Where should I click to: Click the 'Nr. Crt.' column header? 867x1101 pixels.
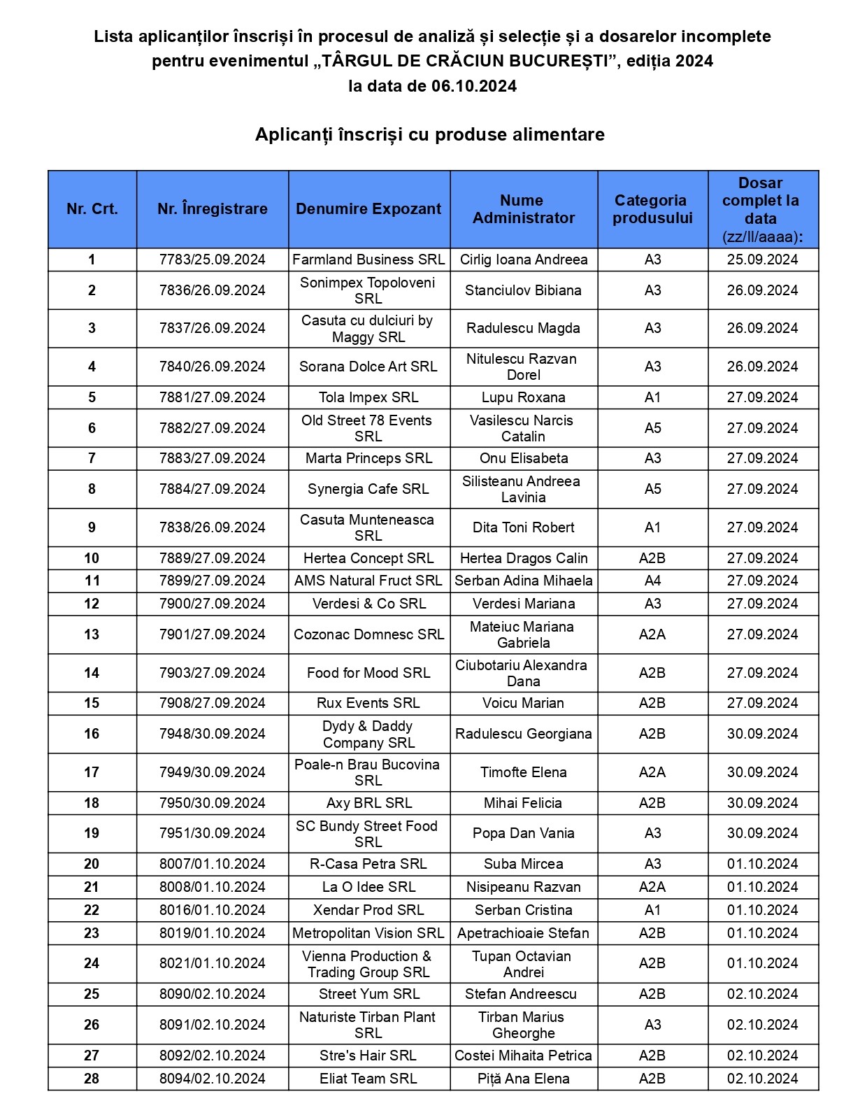[92, 209]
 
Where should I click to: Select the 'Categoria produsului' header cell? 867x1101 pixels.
[652, 209]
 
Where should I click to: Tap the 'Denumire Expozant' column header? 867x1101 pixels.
[368, 209]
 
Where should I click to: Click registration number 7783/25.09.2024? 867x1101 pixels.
[212, 260]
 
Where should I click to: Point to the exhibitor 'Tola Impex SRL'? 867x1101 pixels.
[368, 397]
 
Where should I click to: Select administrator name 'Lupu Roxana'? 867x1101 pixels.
[523, 397]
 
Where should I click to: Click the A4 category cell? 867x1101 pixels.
[652, 581]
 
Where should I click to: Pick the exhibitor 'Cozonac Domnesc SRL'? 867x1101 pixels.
[368, 634]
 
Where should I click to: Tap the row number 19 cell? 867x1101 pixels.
[92, 833]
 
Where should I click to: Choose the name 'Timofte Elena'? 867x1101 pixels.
[523, 772]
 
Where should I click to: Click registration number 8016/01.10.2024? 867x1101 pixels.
[212, 910]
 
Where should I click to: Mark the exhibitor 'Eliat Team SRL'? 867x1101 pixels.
[368, 1079]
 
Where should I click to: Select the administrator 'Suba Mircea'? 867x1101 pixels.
[523, 864]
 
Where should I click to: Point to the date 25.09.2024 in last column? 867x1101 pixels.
[762, 260]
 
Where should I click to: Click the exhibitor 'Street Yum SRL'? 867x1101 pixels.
[368, 994]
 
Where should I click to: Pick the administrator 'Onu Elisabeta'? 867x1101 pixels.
[523, 458]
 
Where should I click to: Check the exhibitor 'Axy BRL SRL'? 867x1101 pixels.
[368, 803]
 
